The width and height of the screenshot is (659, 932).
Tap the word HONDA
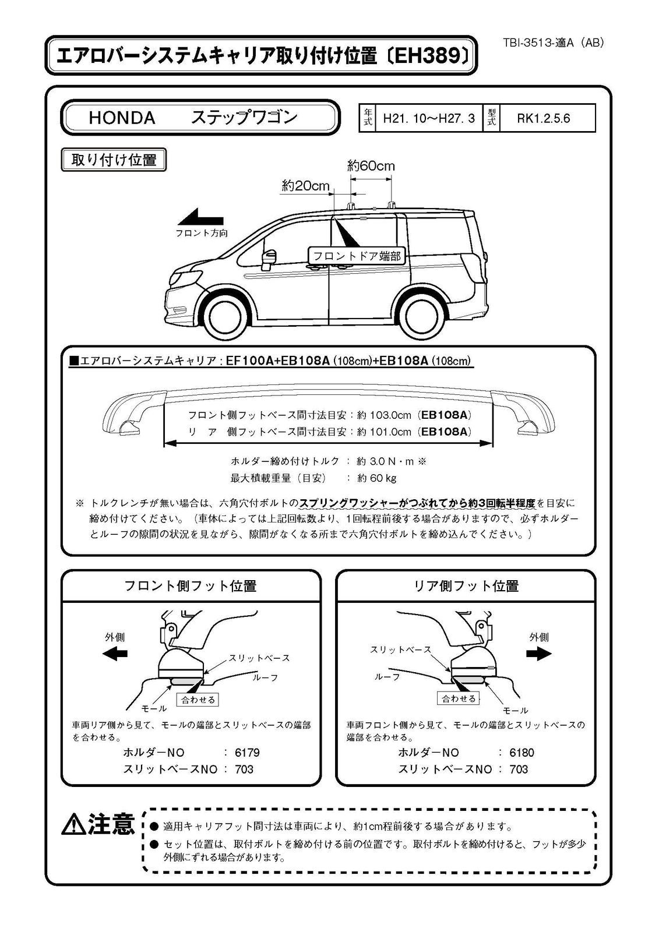[x=122, y=118]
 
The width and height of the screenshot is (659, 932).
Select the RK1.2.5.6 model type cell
[x=543, y=119]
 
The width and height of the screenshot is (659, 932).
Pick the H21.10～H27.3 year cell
[x=428, y=119]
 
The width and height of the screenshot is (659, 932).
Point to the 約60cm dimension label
[x=371, y=166]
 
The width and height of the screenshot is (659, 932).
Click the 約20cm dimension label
[x=305, y=186]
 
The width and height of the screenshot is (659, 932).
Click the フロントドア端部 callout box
[x=357, y=256]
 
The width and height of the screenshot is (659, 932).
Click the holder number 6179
[x=247, y=753]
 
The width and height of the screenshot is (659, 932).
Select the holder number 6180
[x=521, y=753]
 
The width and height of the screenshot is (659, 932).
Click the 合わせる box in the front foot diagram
[x=198, y=700]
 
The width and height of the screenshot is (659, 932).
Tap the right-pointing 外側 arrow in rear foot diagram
[x=538, y=654]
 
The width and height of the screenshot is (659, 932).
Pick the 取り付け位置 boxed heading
[x=114, y=160]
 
